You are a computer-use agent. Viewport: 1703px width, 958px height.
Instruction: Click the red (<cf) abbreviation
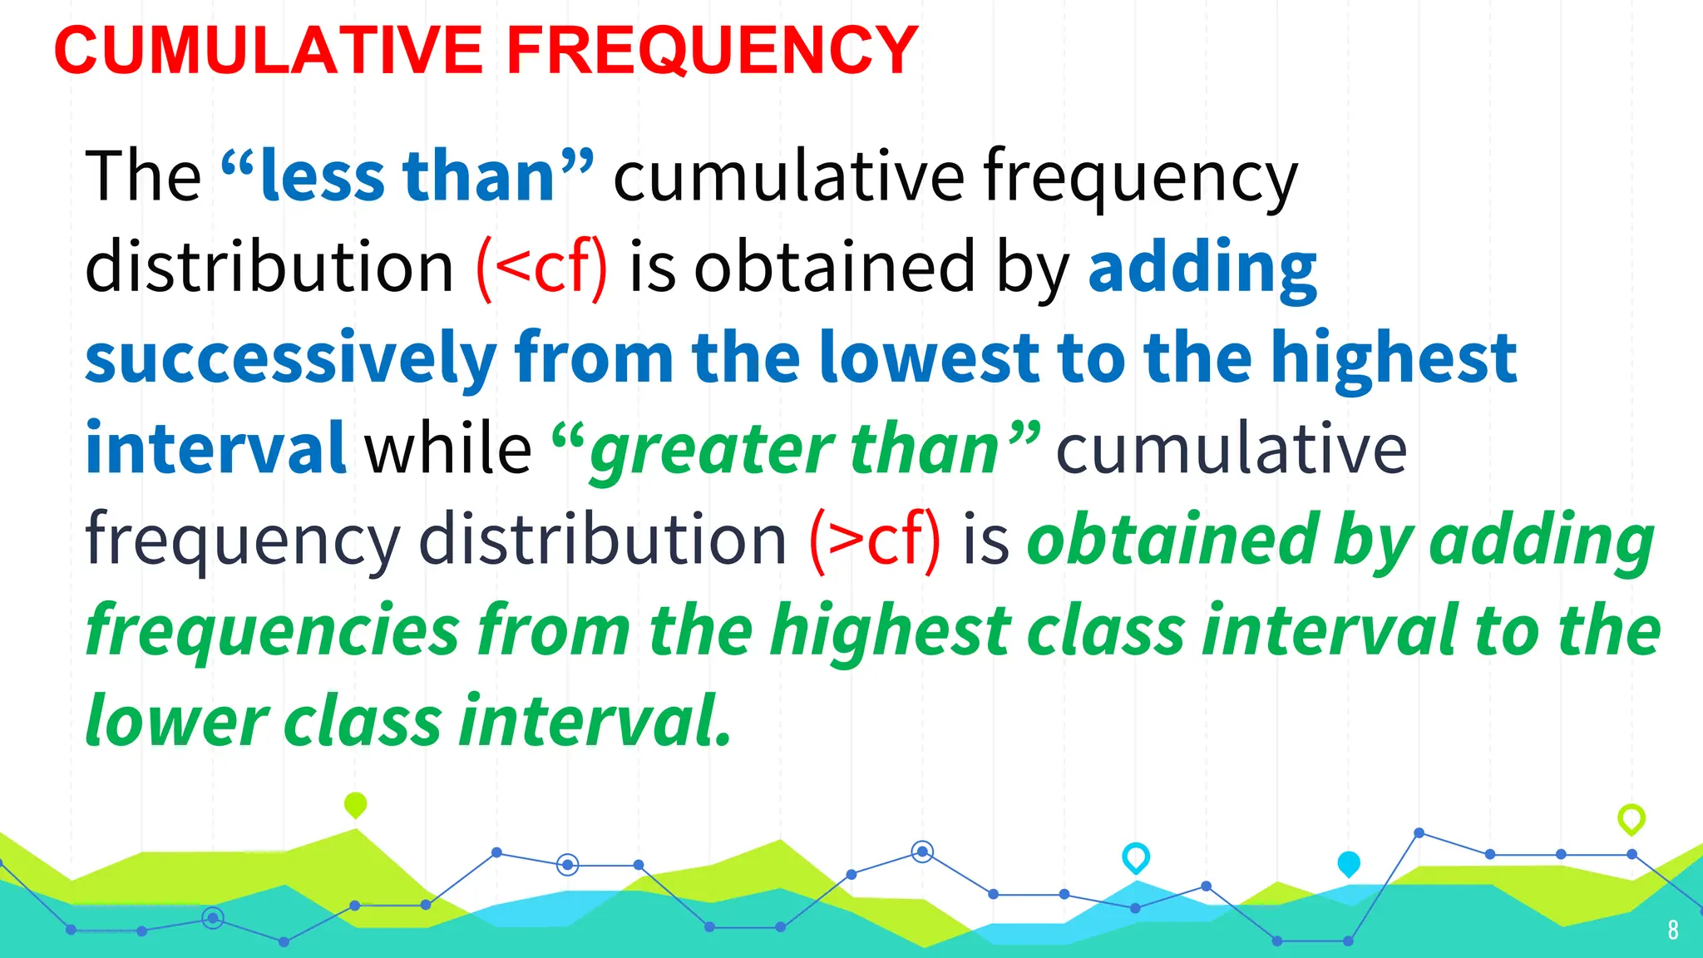tap(541, 268)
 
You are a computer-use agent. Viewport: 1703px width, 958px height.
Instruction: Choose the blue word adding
tap(1202, 268)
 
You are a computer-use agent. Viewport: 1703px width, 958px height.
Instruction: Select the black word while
tap(448, 449)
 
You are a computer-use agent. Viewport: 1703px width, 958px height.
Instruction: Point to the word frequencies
tap(273, 630)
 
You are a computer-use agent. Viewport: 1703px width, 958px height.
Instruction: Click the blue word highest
tap(1394, 358)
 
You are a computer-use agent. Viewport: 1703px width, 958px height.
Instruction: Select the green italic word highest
tap(891, 630)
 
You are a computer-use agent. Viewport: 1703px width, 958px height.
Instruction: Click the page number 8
tap(1673, 930)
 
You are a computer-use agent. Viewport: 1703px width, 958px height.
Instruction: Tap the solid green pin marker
tap(355, 804)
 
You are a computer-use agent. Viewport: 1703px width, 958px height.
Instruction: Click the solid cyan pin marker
tap(1349, 863)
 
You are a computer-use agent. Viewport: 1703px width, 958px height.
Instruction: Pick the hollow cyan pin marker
tap(1136, 857)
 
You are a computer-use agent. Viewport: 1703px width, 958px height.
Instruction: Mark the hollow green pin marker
tap(1631, 818)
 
